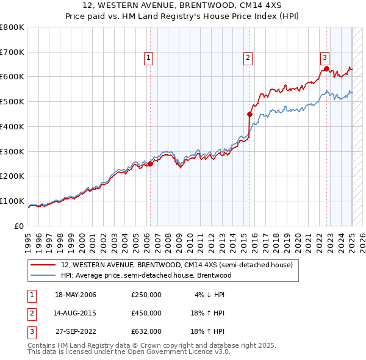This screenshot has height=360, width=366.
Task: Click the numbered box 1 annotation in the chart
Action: pyautogui.click(x=149, y=58)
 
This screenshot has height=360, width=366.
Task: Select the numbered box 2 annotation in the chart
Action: pyautogui.click(x=248, y=58)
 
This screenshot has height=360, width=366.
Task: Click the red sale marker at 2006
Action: pyautogui.click(x=150, y=163)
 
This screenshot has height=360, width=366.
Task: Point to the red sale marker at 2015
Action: pyautogui.click(x=249, y=113)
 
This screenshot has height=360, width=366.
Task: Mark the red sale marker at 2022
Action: pyautogui.click(x=326, y=68)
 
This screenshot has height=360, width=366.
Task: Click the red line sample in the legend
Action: pyautogui.click(x=44, y=265)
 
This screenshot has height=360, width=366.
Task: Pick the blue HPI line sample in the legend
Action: pyautogui.click(x=44, y=275)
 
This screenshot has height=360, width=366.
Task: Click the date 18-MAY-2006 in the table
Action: pyautogui.click(x=76, y=295)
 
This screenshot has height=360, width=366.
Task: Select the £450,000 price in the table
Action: pyautogui.click(x=146, y=313)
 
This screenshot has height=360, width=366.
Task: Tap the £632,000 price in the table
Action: pyautogui.click(x=146, y=331)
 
